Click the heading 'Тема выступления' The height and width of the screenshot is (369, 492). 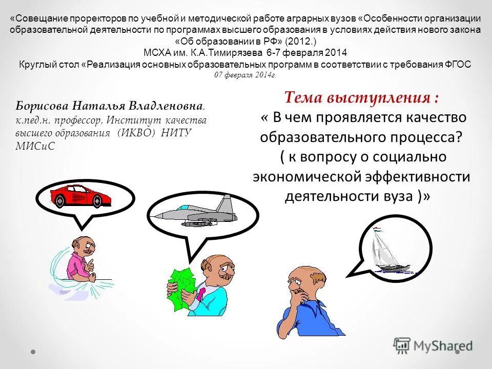[361, 97]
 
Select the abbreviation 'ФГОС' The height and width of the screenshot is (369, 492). [459, 64]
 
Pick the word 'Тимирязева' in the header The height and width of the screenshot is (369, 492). [237, 52]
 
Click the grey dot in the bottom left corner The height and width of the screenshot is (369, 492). [33, 352]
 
